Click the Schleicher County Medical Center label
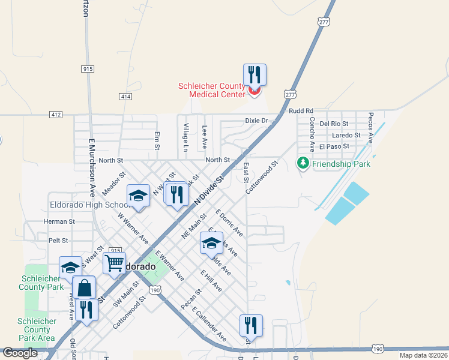pyautogui.click(x=211, y=90)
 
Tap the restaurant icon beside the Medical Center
pyautogui.click(x=255, y=75)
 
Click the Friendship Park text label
pyautogui.click(x=342, y=163)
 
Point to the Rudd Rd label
pyautogui.click(x=301, y=111)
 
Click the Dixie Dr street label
pyautogui.click(x=256, y=121)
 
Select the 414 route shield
pyautogui.click(x=125, y=96)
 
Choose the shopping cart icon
pyautogui.click(x=114, y=263)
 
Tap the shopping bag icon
pyautogui.click(x=85, y=287)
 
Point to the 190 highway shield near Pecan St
pyautogui.click(x=155, y=290)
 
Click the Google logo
pyautogui.click(x=20, y=353)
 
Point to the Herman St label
pyautogui.click(x=59, y=221)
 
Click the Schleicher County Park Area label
pyautogui.click(x=37, y=329)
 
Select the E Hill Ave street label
pyautogui.click(x=211, y=281)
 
